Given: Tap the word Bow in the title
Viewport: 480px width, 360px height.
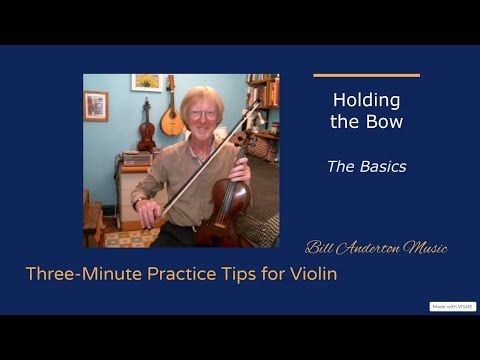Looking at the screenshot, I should tap(385, 121).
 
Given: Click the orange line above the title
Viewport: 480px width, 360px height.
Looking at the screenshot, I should tap(366, 75).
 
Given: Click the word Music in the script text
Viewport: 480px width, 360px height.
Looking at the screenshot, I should tap(424, 247).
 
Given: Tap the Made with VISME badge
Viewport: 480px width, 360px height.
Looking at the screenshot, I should tap(452, 306).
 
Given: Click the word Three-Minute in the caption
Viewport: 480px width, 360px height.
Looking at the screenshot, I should tap(80, 273).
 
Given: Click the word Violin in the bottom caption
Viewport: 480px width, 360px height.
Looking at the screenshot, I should tap(313, 273).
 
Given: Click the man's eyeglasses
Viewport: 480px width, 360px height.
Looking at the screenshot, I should tap(203, 114).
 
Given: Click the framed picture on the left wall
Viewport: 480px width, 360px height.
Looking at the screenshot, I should tap(96, 105).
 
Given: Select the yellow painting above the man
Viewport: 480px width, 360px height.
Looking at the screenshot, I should tap(146, 82).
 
